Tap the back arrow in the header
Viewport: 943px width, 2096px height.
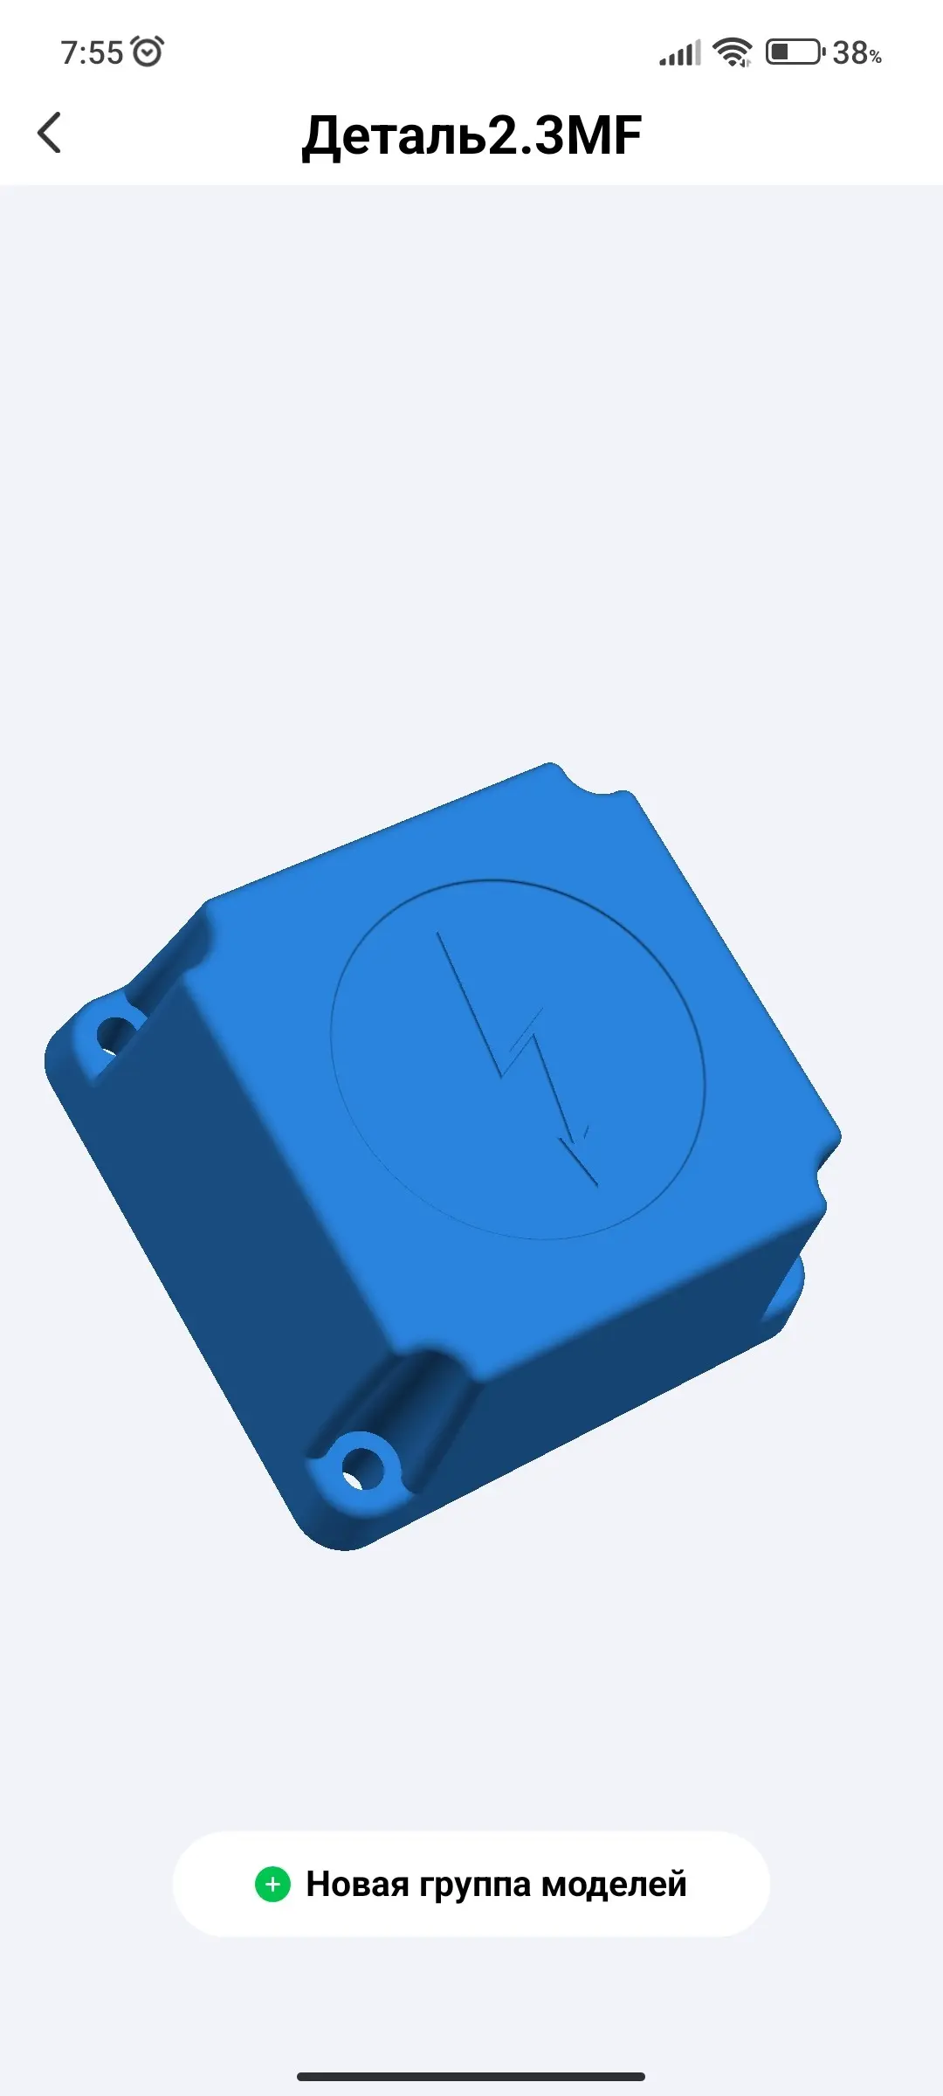(50, 133)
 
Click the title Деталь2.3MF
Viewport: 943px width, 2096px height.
(471, 135)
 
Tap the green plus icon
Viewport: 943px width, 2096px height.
(272, 1884)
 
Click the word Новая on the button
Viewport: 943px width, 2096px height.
(357, 1884)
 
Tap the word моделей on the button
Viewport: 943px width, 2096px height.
(614, 1885)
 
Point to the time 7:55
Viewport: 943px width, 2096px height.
(92, 52)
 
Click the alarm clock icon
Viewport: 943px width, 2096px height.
(148, 51)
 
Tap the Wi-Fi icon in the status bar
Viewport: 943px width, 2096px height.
(732, 52)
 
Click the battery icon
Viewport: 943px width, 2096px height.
(795, 52)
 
